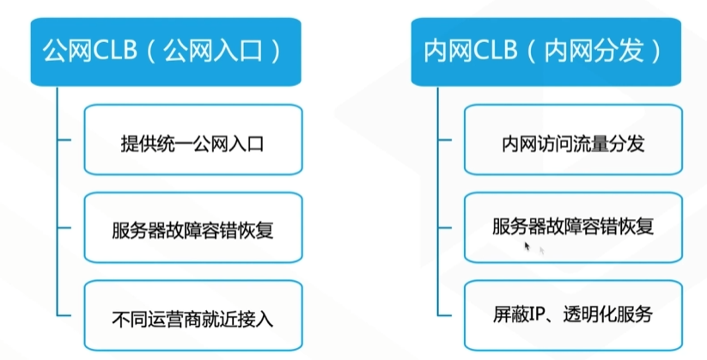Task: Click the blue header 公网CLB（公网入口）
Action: point(166,52)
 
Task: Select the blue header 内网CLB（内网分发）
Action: point(546,52)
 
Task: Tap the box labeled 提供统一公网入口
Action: point(193,140)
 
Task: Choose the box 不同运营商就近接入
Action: point(193,315)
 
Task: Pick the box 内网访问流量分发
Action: point(573,140)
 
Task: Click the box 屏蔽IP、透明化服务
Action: point(573,315)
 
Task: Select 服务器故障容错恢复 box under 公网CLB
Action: point(193,228)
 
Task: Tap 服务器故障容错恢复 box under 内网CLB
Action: point(573,228)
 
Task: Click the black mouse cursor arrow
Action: point(527,247)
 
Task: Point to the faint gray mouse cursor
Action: point(542,250)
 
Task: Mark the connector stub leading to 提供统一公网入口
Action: point(64,140)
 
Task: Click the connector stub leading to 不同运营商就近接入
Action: point(64,315)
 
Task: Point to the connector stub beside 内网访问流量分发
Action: point(445,140)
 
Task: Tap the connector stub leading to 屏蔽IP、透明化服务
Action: point(445,315)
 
